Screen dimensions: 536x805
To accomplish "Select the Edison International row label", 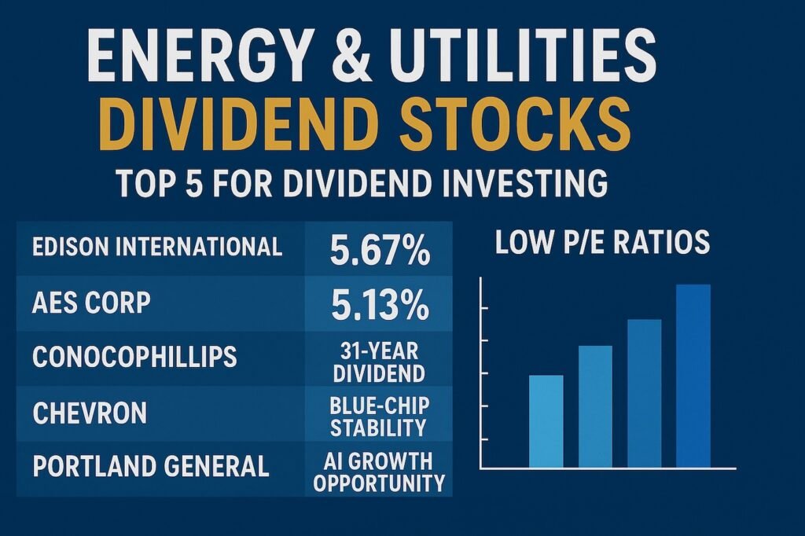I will pos(157,247).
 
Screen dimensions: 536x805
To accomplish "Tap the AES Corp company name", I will pos(91,302).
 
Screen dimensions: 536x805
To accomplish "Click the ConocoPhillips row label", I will pos(134,357).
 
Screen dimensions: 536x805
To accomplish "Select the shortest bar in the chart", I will pos(546,422).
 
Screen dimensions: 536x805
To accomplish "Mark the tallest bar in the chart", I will pos(693,376).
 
